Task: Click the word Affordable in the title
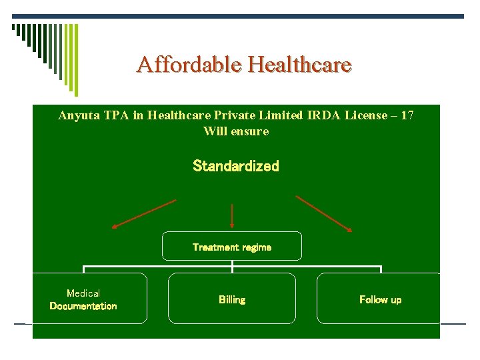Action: pyautogui.click(x=189, y=65)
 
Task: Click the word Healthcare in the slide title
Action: pyautogui.click(x=299, y=65)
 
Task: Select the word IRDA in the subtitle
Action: pyautogui.click(x=323, y=115)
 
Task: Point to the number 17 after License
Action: pyautogui.click(x=407, y=115)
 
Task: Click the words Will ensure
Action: pyautogui.click(x=236, y=131)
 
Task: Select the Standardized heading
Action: pyautogui.click(x=236, y=166)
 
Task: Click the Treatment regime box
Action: pyautogui.click(x=232, y=246)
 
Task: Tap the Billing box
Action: pyautogui.click(x=232, y=299)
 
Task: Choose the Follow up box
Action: pyautogui.click(x=380, y=299)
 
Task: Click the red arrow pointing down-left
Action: pyautogui.click(x=144, y=213)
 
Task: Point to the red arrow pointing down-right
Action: pyautogui.click(x=324, y=213)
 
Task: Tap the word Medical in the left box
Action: pyautogui.click(x=83, y=293)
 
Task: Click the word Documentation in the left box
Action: pyautogui.click(x=83, y=306)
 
